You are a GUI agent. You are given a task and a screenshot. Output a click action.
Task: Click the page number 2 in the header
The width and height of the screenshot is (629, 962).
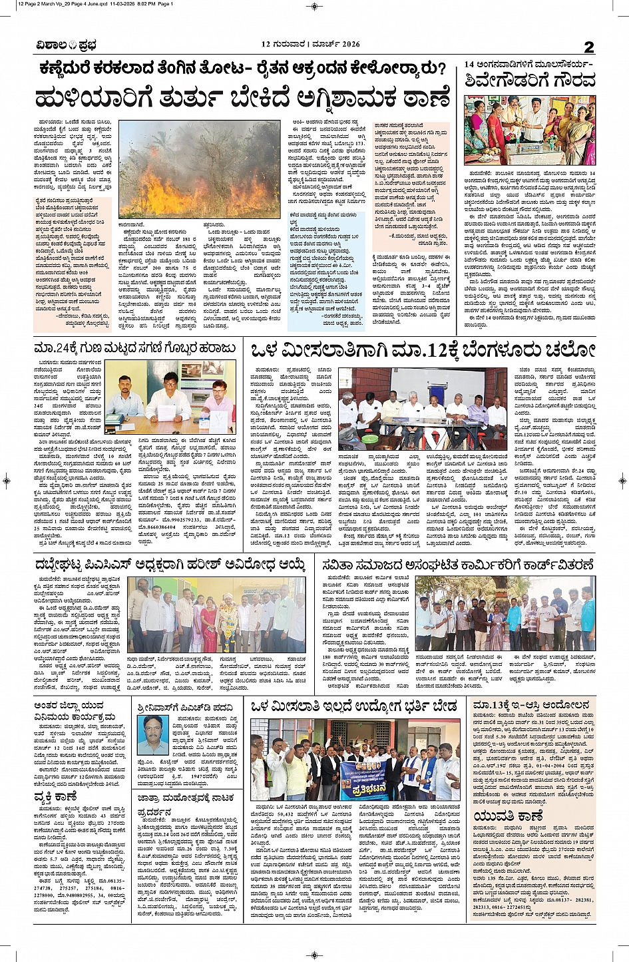(x=588, y=47)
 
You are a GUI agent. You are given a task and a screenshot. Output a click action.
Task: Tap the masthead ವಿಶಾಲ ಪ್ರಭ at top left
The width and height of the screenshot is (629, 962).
(x=67, y=45)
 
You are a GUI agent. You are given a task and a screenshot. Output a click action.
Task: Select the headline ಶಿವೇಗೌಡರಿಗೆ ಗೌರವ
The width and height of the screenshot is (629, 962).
(x=530, y=81)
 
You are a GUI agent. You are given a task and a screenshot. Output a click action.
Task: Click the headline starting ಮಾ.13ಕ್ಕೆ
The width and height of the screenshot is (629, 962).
(x=530, y=706)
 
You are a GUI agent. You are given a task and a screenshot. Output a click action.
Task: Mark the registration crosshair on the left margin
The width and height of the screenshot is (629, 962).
(x=6, y=481)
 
